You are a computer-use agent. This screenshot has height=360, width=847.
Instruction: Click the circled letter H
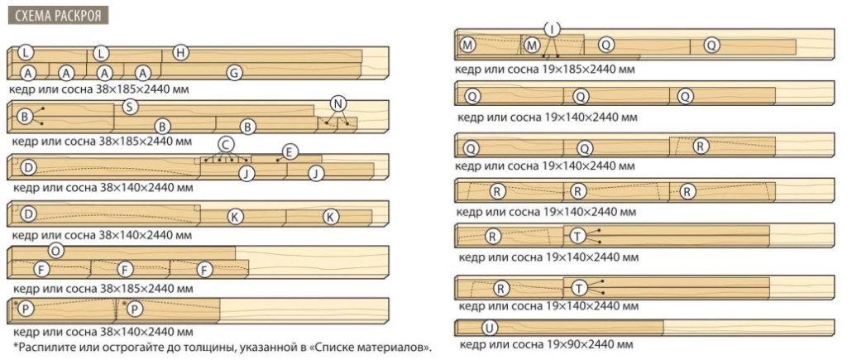[x=181, y=53]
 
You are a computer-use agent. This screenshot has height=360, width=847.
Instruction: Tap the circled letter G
[x=234, y=73]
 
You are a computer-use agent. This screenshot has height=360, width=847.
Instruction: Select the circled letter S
[x=128, y=107]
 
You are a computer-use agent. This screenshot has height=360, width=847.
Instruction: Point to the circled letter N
[x=337, y=103]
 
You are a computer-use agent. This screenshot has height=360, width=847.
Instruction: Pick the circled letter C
[x=227, y=144]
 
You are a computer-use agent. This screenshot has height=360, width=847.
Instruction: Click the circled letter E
[x=290, y=152]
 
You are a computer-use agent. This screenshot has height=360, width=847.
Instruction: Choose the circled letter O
[x=55, y=250]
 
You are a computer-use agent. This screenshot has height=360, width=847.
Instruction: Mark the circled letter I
[x=552, y=28]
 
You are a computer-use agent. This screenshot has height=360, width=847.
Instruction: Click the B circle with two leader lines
[x=24, y=116]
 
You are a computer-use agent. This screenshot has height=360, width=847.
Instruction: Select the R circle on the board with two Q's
[x=700, y=146]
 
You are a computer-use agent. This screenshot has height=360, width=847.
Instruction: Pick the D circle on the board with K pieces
[x=29, y=214]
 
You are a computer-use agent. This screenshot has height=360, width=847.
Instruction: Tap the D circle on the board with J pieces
[x=29, y=168]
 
